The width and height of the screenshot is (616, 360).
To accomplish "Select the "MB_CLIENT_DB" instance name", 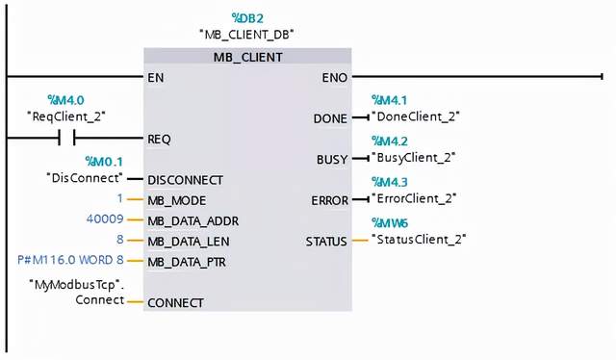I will pyautogui.click(x=246, y=34).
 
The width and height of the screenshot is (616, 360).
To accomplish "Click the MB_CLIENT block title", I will pyautogui.click(x=247, y=57).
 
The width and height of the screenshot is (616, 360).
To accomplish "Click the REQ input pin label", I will pyautogui.click(x=159, y=139).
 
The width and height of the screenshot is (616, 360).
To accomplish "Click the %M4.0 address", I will pyautogui.click(x=65, y=100).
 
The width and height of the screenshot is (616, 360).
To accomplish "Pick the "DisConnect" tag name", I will pyautogui.click(x=85, y=178).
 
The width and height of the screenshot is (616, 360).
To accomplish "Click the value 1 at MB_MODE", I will pyautogui.click(x=120, y=199).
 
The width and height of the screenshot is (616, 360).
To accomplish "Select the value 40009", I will pyautogui.click(x=106, y=219).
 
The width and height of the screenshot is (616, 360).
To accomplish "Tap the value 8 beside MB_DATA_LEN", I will pyautogui.click(x=120, y=241).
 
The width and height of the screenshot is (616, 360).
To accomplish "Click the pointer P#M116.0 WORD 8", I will pyautogui.click(x=71, y=261).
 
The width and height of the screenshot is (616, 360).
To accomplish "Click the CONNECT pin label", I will pyautogui.click(x=175, y=302).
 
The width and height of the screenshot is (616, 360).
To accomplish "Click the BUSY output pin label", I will pyautogui.click(x=331, y=158).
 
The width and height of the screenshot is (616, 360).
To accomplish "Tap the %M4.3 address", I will pyautogui.click(x=390, y=181).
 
